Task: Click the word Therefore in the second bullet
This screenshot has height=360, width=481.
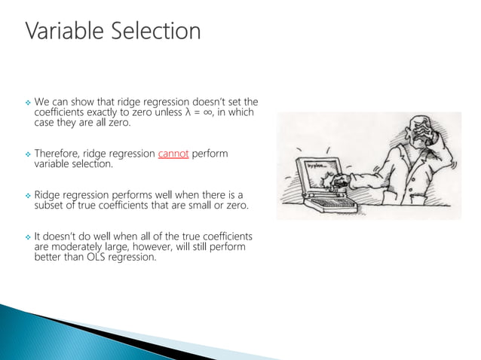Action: click(60, 154)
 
